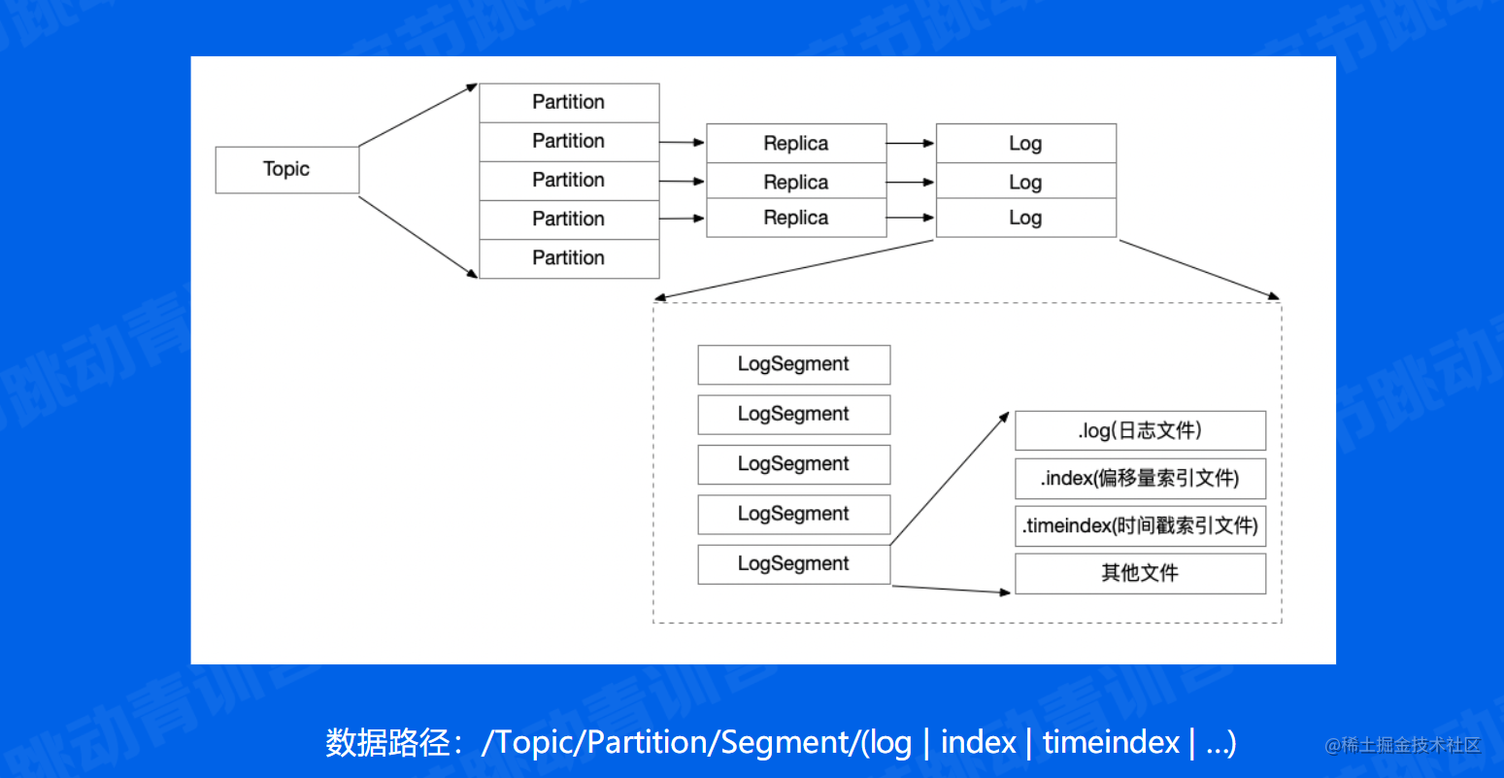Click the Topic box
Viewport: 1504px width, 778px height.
coord(286,170)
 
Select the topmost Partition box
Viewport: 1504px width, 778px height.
coord(569,103)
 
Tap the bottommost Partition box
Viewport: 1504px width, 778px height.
coord(569,258)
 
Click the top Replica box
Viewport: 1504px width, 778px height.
coord(796,144)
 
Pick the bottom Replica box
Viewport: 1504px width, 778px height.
coord(796,219)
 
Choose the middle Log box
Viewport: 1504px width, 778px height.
coord(1025,182)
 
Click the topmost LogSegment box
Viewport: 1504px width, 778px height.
coord(793,364)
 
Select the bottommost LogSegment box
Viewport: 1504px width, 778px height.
coord(793,564)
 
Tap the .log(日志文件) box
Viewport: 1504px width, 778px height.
coord(1140,430)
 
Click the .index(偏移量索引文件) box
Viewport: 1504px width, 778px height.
coord(1140,478)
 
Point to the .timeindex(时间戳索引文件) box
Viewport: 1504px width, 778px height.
coord(1140,525)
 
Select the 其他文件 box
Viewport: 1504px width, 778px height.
coord(1140,573)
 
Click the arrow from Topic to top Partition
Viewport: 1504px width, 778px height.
coord(418,115)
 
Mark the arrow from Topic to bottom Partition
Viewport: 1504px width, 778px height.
coord(418,237)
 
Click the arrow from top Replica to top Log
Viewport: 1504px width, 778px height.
coord(910,144)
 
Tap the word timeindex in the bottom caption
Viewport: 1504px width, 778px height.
coord(1111,743)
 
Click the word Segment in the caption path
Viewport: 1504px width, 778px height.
coord(785,743)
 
